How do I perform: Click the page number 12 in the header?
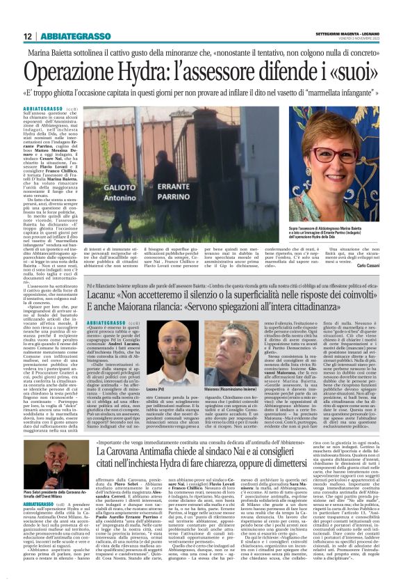[x=28, y=36]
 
